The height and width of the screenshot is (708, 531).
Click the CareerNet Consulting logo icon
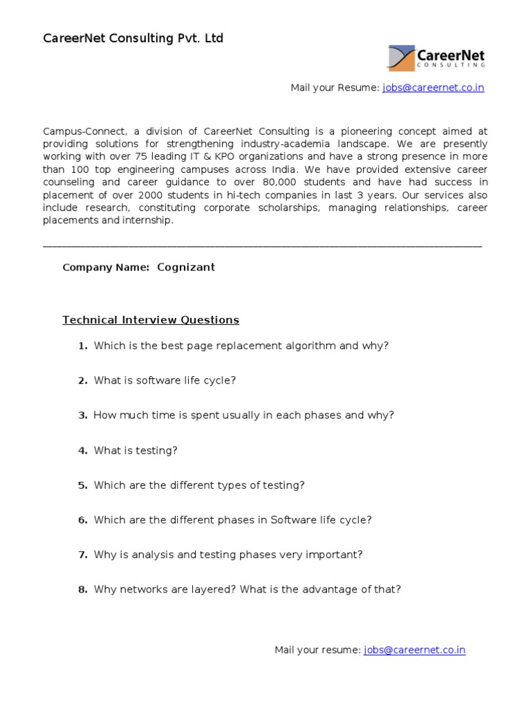[402, 58]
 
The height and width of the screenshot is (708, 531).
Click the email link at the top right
[433, 88]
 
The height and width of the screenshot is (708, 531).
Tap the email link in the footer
[414, 650]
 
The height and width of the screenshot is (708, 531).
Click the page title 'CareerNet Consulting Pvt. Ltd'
[133, 39]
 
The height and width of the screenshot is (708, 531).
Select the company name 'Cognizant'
[186, 268]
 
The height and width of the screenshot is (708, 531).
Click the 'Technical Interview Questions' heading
[151, 320]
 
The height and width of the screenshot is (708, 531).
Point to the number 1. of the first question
[82, 346]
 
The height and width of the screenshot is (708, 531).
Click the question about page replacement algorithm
[241, 346]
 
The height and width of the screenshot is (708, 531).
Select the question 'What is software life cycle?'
[165, 380]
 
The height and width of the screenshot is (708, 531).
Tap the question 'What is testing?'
[136, 450]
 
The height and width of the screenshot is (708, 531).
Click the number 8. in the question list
[82, 590]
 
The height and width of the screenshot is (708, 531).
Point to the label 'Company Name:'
[106, 268]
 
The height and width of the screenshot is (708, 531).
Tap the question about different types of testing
[199, 485]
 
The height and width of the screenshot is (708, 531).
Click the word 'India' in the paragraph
[285, 169]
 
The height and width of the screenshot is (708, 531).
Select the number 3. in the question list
[82, 416]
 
